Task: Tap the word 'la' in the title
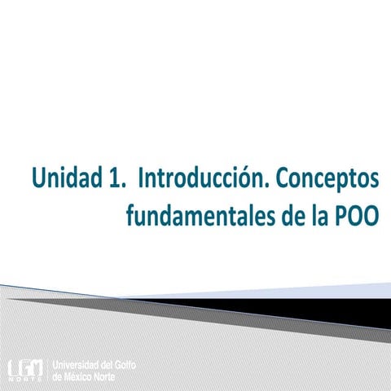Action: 314,216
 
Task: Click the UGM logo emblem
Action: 25,368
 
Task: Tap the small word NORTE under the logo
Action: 25,380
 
